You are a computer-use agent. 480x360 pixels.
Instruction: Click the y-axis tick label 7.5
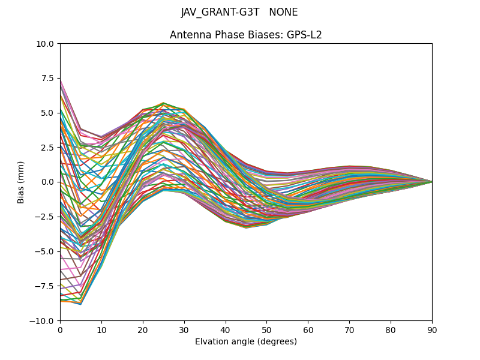(x=47, y=78)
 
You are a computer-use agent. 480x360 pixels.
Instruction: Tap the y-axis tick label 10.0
(x=45, y=43)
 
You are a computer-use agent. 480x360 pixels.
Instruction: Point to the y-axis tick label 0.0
(x=48, y=182)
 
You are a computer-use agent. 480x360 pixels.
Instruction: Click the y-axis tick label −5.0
(x=44, y=251)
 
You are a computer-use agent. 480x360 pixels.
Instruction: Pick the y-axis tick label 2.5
(x=48, y=147)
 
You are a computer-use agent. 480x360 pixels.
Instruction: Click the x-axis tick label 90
(x=432, y=330)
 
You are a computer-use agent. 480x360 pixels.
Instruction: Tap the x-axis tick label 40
(x=226, y=330)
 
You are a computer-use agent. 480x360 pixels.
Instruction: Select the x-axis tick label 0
(x=60, y=330)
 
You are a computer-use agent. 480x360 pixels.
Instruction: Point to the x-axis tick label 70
(x=349, y=330)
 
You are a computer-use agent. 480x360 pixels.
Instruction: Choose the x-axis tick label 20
(x=143, y=330)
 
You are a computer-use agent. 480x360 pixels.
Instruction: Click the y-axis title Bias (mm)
(x=21, y=182)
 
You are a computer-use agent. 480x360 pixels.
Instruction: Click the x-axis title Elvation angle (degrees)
(x=246, y=342)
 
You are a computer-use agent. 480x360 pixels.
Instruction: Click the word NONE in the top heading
(x=283, y=12)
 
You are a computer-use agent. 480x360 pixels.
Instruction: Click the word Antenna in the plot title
(x=189, y=35)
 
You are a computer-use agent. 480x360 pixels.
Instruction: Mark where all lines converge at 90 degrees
(x=431, y=182)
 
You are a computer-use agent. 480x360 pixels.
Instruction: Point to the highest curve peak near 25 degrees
(x=163, y=103)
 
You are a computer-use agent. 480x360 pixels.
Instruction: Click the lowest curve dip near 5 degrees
(x=80, y=304)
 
